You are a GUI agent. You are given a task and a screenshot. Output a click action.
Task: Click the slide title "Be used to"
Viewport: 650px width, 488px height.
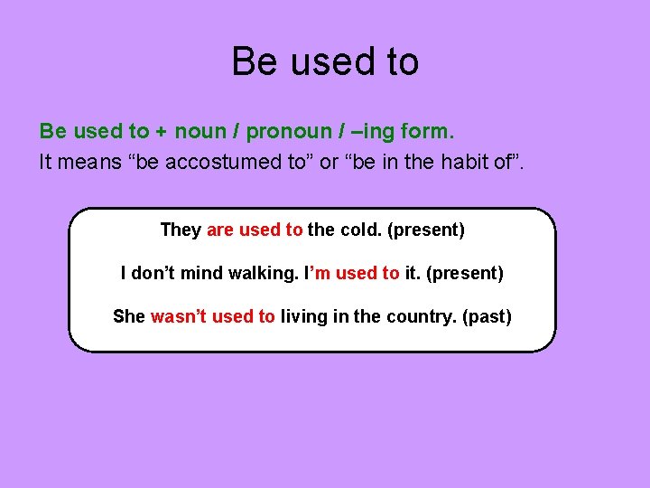point(325,61)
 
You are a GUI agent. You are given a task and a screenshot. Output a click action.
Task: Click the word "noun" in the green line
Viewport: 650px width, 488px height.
point(200,131)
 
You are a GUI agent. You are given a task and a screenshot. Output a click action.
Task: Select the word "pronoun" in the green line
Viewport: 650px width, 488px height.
point(283,131)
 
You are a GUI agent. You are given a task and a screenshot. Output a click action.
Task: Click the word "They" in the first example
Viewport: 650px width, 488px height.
point(181,230)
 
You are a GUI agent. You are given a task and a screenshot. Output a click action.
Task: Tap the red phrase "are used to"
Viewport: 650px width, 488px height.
point(255,230)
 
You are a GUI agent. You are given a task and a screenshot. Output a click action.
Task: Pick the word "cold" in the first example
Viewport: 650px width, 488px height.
point(359,230)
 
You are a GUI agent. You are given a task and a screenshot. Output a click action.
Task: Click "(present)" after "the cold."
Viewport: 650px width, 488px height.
point(425,230)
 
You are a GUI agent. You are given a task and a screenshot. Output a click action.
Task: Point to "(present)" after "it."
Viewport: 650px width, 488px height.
point(466,273)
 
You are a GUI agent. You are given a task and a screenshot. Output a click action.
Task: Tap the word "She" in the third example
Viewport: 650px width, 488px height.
point(129,316)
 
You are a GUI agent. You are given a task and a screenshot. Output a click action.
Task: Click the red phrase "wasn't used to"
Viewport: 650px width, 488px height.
point(213,316)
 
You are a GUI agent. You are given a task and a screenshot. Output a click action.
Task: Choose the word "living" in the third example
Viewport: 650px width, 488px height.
point(305,316)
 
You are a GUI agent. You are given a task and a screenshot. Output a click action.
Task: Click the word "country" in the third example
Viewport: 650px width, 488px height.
point(413,316)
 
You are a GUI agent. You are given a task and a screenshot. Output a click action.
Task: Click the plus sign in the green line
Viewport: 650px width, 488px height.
point(161,132)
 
